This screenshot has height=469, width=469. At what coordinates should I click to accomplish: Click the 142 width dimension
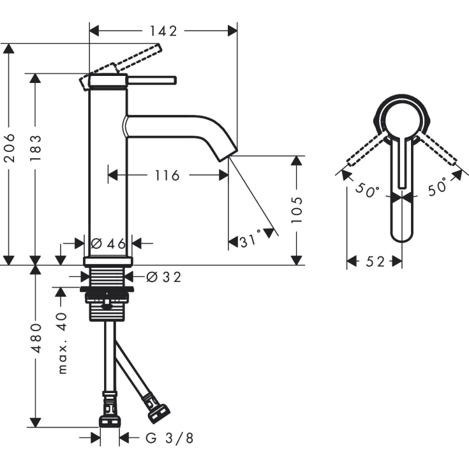click(x=162, y=30)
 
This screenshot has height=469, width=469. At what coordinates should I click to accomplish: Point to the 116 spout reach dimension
click(x=167, y=174)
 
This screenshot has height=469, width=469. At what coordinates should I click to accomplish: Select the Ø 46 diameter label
click(x=108, y=243)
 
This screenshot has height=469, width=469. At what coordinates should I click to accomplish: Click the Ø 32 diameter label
click(x=164, y=277)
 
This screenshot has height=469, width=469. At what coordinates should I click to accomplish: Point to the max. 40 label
click(x=61, y=343)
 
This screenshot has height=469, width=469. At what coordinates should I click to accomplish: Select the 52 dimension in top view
click(x=375, y=262)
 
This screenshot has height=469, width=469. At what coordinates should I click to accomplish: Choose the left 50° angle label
click(x=368, y=190)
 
